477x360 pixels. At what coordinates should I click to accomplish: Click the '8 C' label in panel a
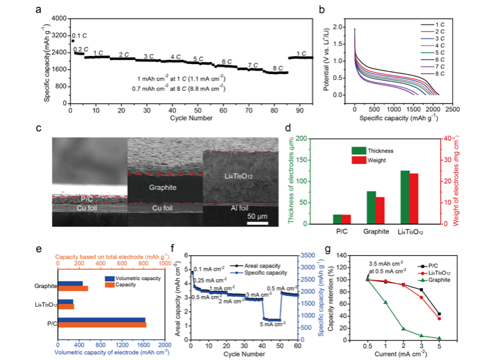pos(276,67)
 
